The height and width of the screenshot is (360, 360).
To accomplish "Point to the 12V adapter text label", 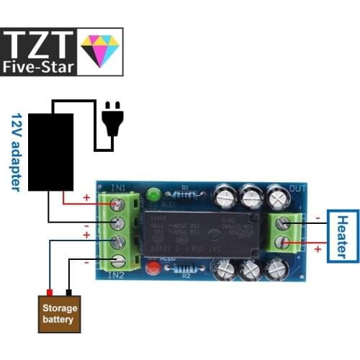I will [17, 151].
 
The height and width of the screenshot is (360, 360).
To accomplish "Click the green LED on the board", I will [153, 195].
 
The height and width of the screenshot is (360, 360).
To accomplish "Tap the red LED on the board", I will [153, 270].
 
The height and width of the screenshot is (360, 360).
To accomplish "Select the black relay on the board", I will [199, 233].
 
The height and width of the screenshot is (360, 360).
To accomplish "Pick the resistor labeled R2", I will [185, 269].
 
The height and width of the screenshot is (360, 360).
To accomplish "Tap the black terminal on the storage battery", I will [69, 292].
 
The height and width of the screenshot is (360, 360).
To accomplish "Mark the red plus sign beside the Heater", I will [317, 248].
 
